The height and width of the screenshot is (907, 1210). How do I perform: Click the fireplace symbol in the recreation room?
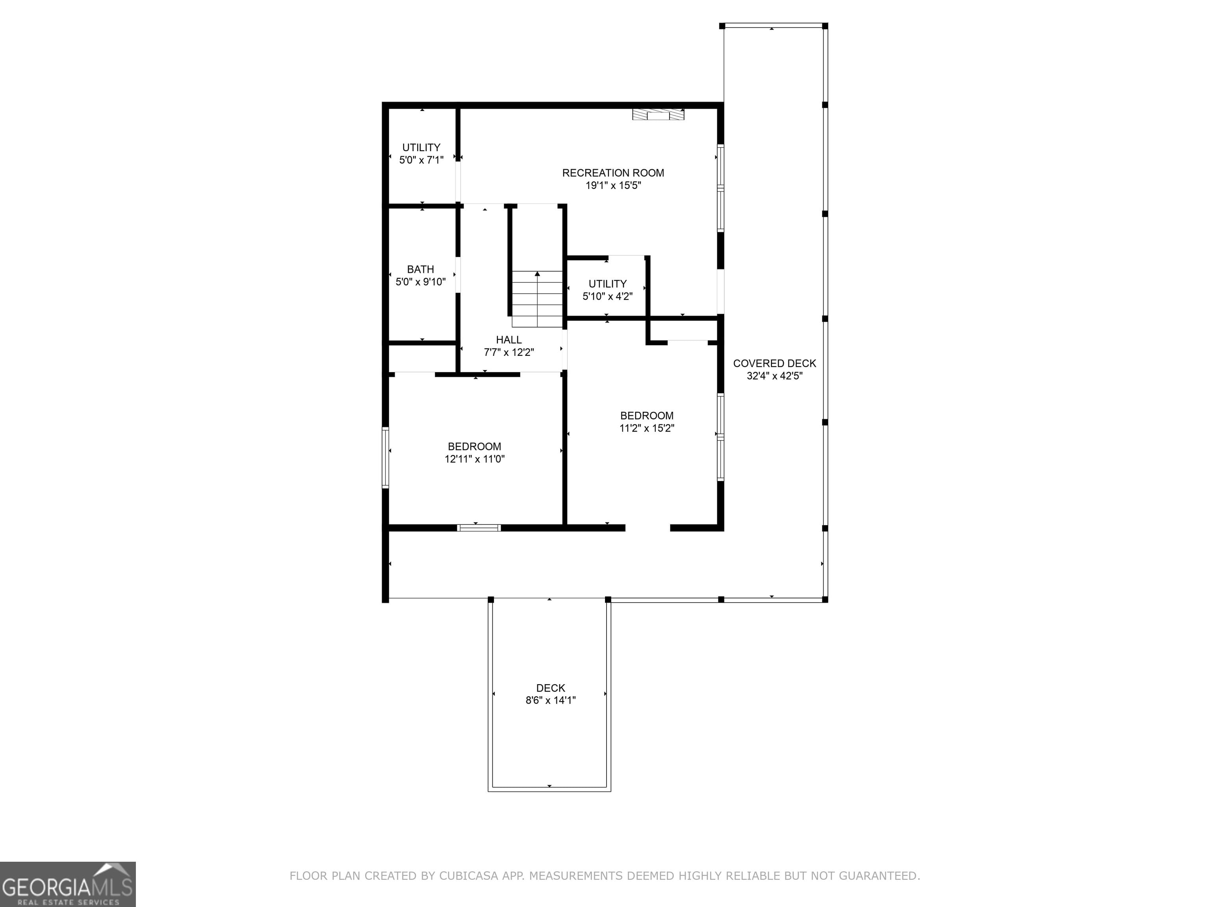[x=658, y=114]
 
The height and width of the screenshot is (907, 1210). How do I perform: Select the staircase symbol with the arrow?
[x=537, y=299]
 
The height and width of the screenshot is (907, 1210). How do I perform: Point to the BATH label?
[x=420, y=269]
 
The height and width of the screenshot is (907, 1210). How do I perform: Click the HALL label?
[x=509, y=339]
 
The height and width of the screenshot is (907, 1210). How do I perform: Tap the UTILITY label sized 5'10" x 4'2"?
[x=607, y=284]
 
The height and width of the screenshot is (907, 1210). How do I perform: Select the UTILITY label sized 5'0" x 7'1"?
[x=421, y=148]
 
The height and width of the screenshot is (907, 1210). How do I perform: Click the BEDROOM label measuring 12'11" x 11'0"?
[x=474, y=447]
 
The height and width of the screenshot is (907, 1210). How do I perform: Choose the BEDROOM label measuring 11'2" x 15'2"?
[x=647, y=415]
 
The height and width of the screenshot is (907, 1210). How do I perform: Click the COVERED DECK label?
[x=774, y=363]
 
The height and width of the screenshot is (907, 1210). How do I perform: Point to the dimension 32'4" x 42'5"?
[x=774, y=376]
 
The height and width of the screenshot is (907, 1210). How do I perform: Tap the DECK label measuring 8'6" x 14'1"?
[x=550, y=688]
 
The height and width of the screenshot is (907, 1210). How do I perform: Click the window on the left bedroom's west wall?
[x=385, y=457]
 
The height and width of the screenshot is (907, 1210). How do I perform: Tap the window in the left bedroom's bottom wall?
[x=479, y=528]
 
